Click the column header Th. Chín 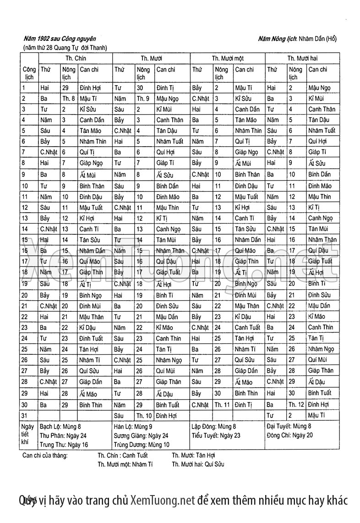[76, 58]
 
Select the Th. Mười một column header [228, 58]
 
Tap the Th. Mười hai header [302, 58]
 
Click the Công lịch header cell [29, 73]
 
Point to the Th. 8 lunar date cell [68, 98]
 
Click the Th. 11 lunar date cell [223, 405]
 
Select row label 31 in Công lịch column [25, 415]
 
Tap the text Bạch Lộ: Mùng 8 [60, 426]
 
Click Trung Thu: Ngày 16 [64, 444]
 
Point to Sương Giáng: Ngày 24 [141, 435]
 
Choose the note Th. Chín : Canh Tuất [123, 455]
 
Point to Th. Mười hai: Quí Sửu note [198, 464]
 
